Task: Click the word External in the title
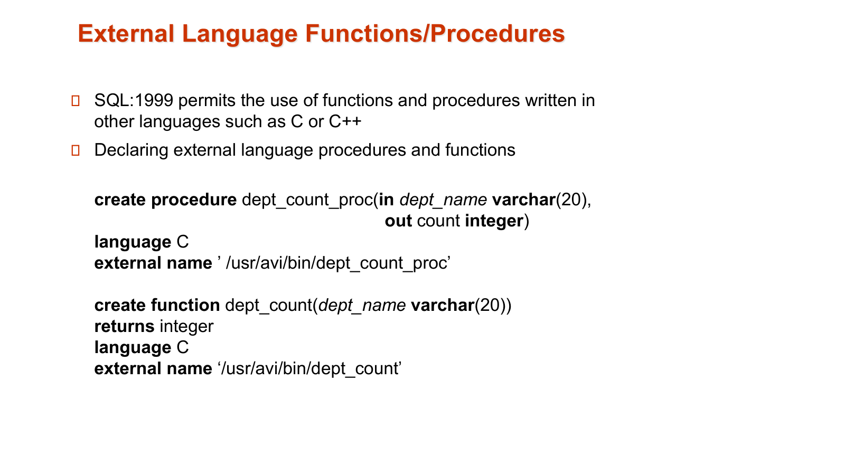pos(126,33)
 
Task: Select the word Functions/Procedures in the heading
pos(435,33)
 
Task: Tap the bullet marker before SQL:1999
pos(76,101)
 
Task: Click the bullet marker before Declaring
pos(76,150)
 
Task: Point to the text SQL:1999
pos(134,100)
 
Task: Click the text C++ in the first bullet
pos(345,121)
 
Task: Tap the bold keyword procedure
pos(194,200)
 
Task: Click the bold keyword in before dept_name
pos(386,199)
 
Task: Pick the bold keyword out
pos(398,221)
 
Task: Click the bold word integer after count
pos(494,221)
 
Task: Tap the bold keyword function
pos(185,305)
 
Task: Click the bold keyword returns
pos(125,327)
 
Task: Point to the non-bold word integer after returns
pos(187,327)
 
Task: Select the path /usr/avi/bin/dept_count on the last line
pos(309,369)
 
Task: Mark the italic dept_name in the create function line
pos(362,306)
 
